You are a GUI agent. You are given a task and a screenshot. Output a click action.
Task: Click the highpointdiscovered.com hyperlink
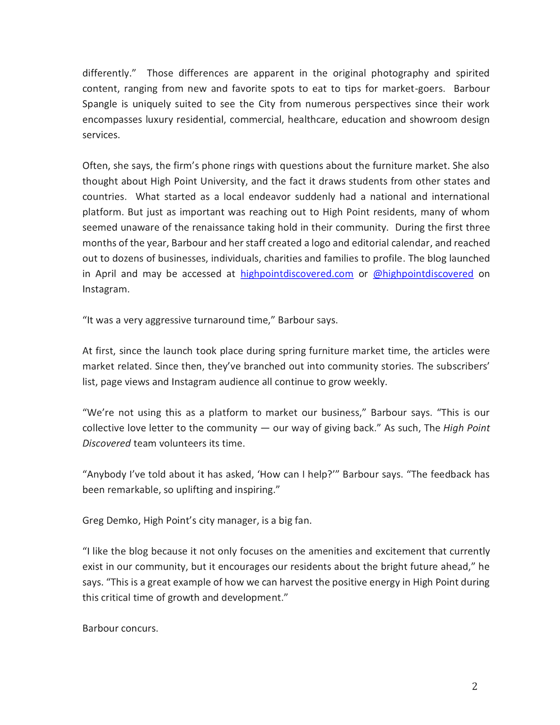click(x=297, y=274)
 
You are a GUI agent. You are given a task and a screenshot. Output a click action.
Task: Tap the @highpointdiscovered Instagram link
click(x=423, y=274)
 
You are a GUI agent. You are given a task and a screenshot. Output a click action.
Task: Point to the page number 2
click(x=474, y=686)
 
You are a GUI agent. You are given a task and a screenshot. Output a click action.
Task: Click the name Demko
click(x=123, y=520)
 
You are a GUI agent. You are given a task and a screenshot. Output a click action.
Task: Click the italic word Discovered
click(x=107, y=443)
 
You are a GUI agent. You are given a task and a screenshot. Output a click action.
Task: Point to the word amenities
click(x=331, y=551)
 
